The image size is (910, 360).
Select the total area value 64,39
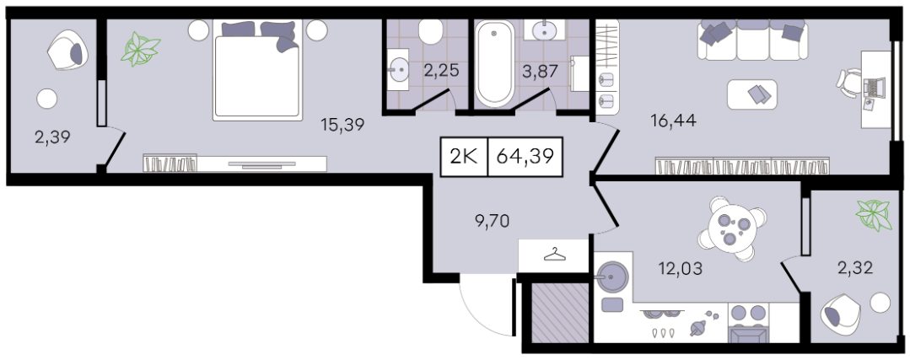pyautogui.click(x=525, y=157)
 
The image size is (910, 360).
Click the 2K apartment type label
pyautogui.click(x=464, y=157)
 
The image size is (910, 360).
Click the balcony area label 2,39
pyautogui.click(x=53, y=138)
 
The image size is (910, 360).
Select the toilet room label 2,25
pyautogui.click(x=442, y=71)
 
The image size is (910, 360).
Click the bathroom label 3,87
pyautogui.click(x=540, y=71)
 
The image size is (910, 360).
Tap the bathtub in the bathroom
pyautogui.click(x=494, y=64)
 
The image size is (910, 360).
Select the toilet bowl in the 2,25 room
pyautogui.click(x=430, y=32)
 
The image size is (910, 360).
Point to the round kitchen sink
pyautogui.click(x=612, y=277)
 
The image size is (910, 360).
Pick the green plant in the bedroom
pyautogui.click(x=140, y=49)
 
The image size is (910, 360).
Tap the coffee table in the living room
pyautogui.click(x=752, y=94)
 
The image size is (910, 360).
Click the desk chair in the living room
pyautogui.click(x=849, y=84)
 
